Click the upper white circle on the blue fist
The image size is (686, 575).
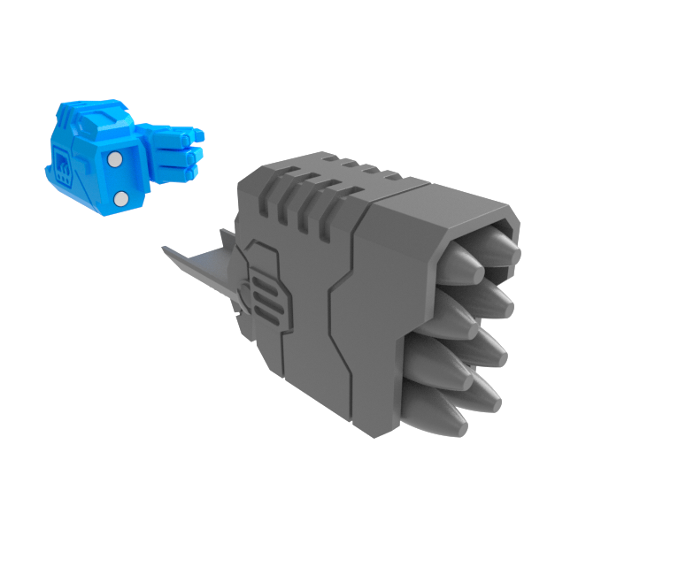click(114, 159)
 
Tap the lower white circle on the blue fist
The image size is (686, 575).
click(121, 198)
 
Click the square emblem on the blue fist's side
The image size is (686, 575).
click(64, 165)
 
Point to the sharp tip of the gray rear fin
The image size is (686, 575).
click(165, 249)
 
